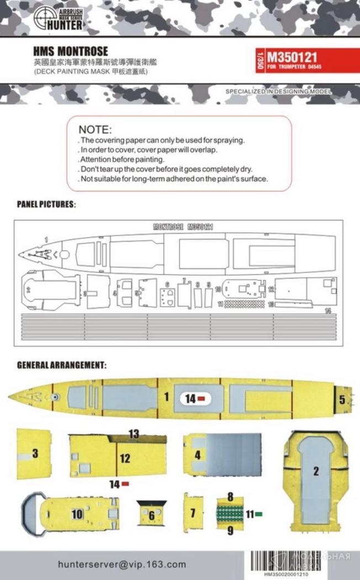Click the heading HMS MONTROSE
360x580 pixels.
[x=70, y=51]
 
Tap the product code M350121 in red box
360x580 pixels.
[x=293, y=56]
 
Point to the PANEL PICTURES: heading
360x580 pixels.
[x=47, y=204]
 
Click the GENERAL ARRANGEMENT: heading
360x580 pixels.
[x=61, y=365]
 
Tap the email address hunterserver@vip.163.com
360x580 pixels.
[x=122, y=565]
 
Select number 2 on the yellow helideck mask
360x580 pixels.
[x=316, y=471]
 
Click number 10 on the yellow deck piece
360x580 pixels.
[x=77, y=514]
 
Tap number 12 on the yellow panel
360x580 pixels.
[x=125, y=458]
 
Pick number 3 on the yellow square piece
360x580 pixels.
[x=35, y=454]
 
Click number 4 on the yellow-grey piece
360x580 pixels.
[x=197, y=456]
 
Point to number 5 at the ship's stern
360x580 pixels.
[x=342, y=399]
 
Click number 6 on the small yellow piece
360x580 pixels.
[x=151, y=515]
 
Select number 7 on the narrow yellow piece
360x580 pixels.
[x=193, y=513]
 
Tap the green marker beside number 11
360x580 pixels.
[x=258, y=514]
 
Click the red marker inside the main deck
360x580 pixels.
[x=202, y=398]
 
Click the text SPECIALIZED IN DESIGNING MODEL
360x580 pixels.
[x=278, y=91]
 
